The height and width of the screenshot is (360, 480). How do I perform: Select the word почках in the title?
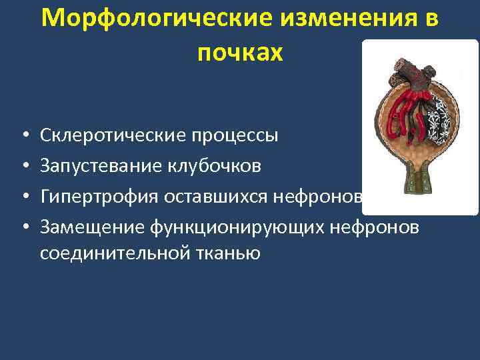pos(240,53)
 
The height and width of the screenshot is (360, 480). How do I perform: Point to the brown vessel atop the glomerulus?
pos(407,65)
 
